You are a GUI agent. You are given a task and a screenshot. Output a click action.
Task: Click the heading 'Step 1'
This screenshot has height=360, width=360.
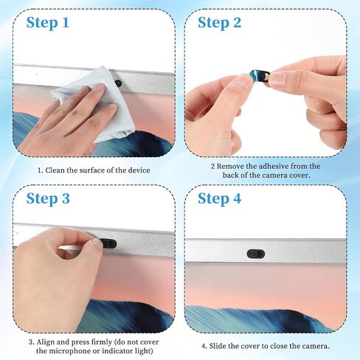pos(48,23)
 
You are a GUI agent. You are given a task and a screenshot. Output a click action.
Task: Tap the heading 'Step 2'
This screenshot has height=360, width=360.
pos(219,23)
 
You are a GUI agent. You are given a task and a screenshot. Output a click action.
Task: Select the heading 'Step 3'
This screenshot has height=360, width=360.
pos(48,198)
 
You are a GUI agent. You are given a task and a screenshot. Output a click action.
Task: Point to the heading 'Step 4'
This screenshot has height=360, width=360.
pos(219,198)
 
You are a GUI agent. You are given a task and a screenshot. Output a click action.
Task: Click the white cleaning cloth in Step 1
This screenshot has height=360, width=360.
pos(98,103)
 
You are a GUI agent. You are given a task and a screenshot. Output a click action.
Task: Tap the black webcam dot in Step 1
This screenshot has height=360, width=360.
pos(119,83)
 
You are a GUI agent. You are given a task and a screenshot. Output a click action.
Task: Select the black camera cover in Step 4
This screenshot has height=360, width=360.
pos(256,254)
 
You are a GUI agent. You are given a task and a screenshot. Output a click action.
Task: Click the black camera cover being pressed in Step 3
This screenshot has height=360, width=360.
pos(108,243)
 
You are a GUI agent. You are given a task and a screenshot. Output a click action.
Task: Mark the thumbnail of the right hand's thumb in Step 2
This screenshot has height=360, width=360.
pos(277,79)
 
